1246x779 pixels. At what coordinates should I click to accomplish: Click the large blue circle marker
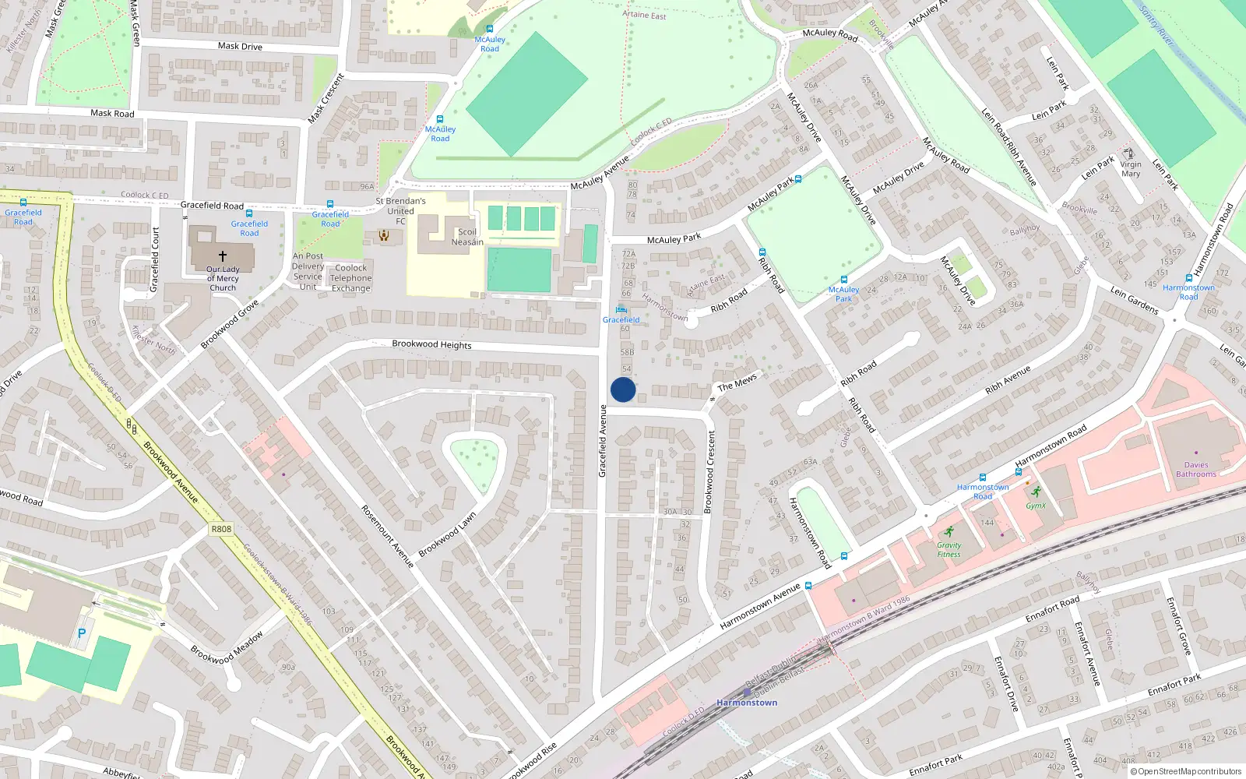click(x=623, y=389)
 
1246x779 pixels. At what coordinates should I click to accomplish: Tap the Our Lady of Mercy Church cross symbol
click(x=223, y=256)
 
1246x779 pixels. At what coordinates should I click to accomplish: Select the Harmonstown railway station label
click(x=747, y=703)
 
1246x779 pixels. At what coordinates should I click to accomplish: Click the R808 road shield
click(x=221, y=529)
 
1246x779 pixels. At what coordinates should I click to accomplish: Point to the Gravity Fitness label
click(x=949, y=550)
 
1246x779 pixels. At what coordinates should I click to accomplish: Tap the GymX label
click(x=1036, y=506)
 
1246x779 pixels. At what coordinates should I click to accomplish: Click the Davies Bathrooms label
click(x=1196, y=470)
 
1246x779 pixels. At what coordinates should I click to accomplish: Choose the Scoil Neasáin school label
click(x=467, y=237)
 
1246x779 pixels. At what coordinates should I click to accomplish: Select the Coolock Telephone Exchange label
click(x=351, y=278)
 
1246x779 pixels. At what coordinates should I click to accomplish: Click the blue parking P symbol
click(x=82, y=634)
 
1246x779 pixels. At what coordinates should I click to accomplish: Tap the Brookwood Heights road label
click(x=431, y=344)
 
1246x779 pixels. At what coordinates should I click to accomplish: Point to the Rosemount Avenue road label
click(x=387, y=536)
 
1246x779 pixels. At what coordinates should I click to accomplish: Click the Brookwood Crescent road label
click(x=709, y=472)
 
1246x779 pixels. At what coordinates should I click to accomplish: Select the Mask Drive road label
click(x=240, y=46)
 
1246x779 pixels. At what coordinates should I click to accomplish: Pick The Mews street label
click(x=737, y=382)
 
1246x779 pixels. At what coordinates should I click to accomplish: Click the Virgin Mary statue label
click(x=1131, y=169)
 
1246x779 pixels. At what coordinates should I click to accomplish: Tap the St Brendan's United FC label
click(x=400, y=211)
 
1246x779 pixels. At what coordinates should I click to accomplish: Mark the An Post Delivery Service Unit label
click(x=308, y=271)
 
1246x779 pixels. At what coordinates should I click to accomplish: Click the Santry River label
click(x=1156, y=26)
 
